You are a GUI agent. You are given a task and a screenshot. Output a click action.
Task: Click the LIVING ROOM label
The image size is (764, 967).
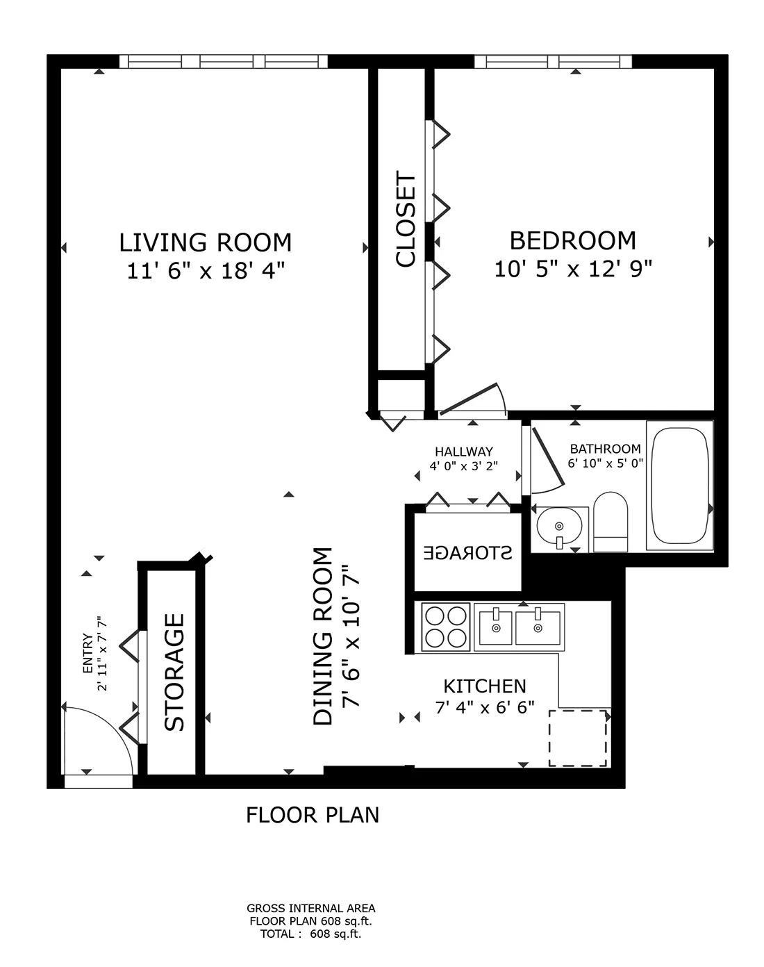[x=206, y=242]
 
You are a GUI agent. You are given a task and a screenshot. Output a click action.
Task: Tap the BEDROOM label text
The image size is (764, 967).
[x=573, y=240]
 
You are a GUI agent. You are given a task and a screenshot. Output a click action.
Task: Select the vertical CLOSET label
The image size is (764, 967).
[x=406, y=220]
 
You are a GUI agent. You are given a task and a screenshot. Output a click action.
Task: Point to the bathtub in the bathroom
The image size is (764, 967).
[x=679, y=485]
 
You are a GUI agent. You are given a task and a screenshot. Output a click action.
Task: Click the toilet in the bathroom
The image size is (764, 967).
[x=611, y=522]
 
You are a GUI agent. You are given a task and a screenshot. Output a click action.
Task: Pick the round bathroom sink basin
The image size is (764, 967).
[x=559, y=525]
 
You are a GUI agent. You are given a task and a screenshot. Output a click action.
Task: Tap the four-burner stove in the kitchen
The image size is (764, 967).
[x=446, y=627]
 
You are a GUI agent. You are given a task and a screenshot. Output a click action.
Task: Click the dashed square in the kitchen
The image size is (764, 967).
[x=579, y=738]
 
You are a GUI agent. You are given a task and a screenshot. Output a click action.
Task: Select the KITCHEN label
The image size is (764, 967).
[x=485, y=686]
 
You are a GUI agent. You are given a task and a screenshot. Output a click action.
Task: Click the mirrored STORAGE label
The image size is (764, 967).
[x=467, y=553]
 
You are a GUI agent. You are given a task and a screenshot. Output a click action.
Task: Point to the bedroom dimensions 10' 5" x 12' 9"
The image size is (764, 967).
[x=573, y=269]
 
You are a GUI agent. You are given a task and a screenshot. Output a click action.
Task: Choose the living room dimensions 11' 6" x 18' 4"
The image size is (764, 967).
[x=206, y=271]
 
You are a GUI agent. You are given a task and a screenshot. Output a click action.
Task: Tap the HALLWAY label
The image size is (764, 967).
[x=464, y=452]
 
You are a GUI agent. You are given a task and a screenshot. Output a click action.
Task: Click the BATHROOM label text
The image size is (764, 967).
[x=605, y=449]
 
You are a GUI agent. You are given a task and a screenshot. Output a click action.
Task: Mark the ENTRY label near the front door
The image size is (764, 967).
[x=88, y=653]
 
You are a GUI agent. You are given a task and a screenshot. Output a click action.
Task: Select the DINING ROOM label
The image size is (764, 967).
[x=323, y=636]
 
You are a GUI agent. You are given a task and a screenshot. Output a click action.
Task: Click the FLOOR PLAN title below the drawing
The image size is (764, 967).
[x=313, y=815]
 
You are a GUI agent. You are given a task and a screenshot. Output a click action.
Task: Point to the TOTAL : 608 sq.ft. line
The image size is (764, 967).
[x=310, y=934]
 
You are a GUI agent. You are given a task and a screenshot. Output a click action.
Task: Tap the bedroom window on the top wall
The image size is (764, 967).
[x=553, y=62]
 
